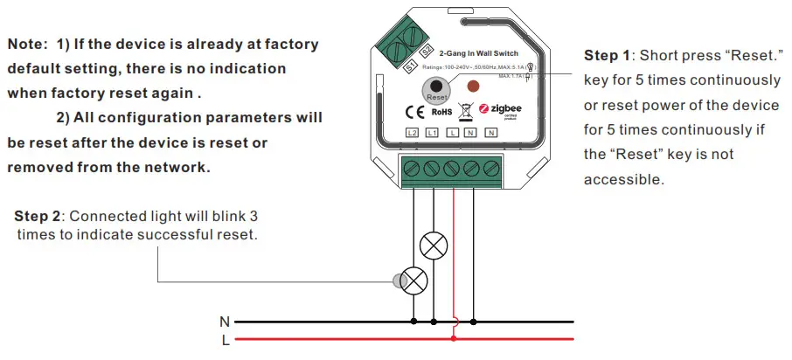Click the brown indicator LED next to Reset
[473, 87]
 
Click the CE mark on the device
[415, 112]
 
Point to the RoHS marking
[441, 112]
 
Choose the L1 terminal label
[431, 133]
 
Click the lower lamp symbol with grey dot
[413, 281]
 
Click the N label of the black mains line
[226, 322]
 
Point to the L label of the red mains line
[226, 340]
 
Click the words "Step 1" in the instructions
[607, 56]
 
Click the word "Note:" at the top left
[27, 44]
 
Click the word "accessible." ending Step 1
[624, 179]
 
